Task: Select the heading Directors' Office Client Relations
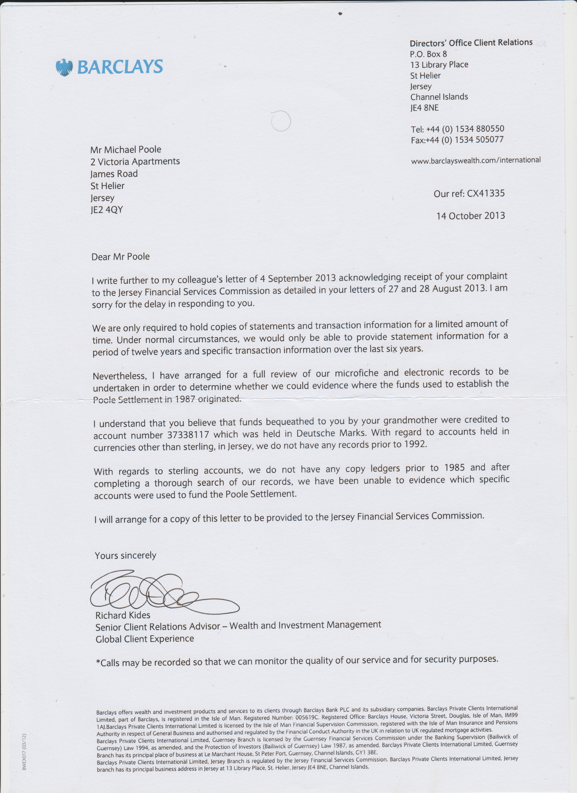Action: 471,43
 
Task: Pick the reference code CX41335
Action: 486,193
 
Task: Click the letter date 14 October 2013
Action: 470,216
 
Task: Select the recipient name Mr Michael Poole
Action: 125,150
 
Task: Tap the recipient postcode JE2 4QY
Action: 107,210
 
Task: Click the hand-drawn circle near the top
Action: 281,121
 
